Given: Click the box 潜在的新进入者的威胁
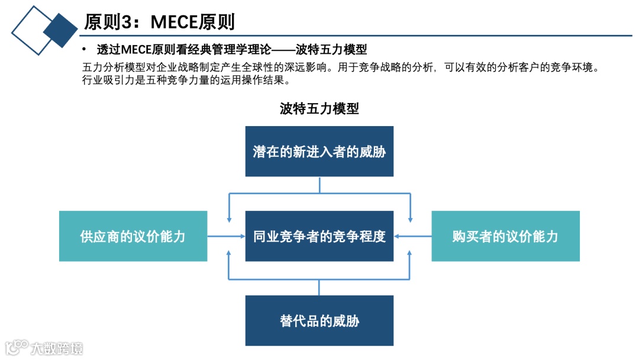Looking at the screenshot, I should [x=319, y=152].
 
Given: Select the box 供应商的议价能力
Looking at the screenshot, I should [x=133, y=236].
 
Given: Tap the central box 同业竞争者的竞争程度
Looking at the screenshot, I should [x=319, y=236].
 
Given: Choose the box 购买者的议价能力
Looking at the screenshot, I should [x=505, y=236].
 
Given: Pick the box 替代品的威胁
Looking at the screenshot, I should [x=319, y=321].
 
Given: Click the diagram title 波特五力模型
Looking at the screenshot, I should [x=319, y=109].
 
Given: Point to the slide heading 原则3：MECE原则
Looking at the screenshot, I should [x=160, y=22].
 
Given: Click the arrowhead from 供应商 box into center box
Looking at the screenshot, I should [x=243, y=236].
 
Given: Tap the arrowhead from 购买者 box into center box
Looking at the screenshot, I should [x=396, y=236].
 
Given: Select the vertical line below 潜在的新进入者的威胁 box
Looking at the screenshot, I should [x=319, y=185].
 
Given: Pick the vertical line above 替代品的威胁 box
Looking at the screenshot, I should [x=319, y=287].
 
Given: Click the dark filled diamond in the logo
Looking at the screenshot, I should [x=60, y=30].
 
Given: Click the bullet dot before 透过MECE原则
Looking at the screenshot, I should [x=85, y=49].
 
